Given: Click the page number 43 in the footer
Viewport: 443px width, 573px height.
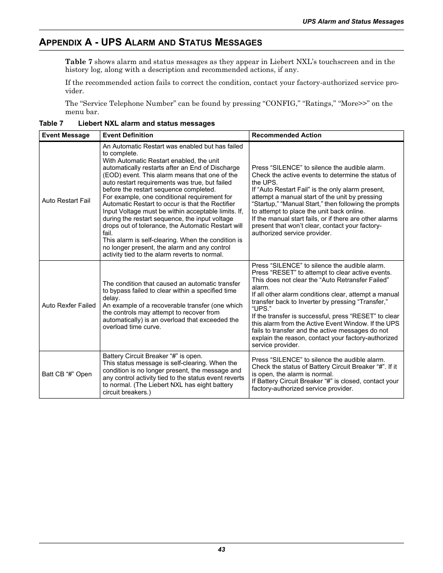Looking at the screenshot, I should click(x=221, y=549).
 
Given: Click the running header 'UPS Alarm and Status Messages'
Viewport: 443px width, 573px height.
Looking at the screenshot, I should click(x=353, y=21).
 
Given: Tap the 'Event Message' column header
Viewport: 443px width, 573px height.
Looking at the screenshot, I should click(x=65, y=135).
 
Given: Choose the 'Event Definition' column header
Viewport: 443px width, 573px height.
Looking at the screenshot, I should click(x=128, y=135).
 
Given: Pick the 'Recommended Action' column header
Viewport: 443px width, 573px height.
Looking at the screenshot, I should click(x=287, y=135).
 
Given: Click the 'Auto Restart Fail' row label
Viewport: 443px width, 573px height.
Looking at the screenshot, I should click(x=66, y=200).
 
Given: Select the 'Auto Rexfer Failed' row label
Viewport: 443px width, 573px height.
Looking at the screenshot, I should click(x=69, y=305).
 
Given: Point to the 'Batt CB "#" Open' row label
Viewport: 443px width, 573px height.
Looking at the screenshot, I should click(x=67, y=374).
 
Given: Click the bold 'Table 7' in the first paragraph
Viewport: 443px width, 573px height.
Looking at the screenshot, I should click(x=78, y=62).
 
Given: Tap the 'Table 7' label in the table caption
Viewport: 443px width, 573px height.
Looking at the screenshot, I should click(x=51, y=123).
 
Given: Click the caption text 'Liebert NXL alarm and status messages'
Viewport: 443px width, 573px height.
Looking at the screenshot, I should click(x=146, y=123).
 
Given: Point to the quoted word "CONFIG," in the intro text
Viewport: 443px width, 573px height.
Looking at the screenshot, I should click(x=282, y=103).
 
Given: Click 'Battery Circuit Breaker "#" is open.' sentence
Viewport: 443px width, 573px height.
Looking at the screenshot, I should click(x=152, y=356).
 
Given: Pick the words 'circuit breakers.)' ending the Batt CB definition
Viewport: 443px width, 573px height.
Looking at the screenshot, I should click(x=126, y=392).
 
